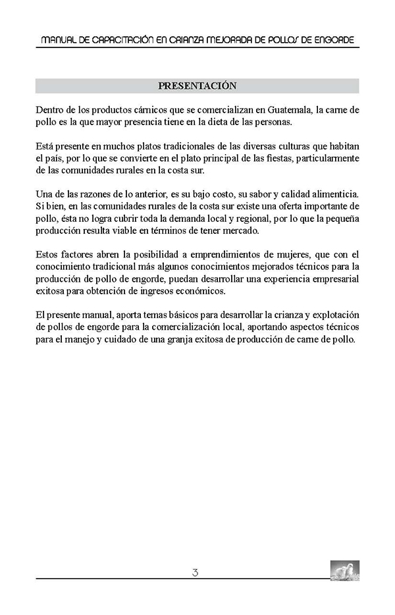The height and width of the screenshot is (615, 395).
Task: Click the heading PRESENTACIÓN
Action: coord(197,86)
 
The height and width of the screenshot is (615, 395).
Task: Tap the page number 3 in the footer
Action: coord(196,572)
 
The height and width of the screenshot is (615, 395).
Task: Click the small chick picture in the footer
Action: coord(344,570)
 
